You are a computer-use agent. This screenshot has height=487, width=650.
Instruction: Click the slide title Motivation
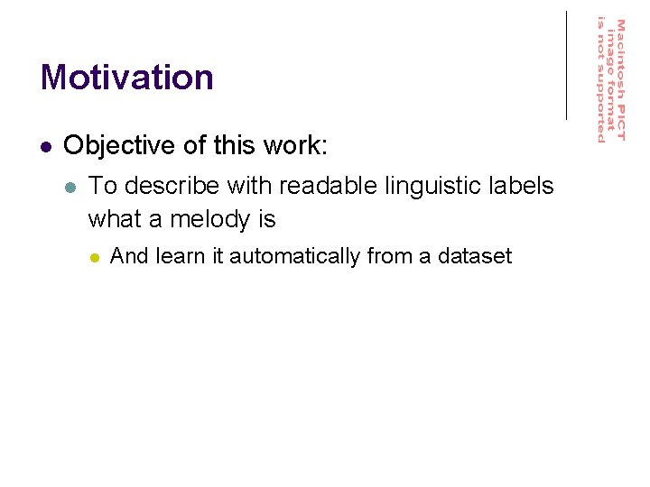[x=126, y=78]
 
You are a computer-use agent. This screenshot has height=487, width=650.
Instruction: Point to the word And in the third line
[x=129, y=257]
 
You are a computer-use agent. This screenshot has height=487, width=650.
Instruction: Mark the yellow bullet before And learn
[x=94, y=258]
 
